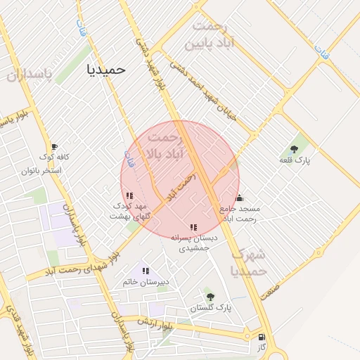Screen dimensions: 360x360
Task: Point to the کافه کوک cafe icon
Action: tap(54, 146)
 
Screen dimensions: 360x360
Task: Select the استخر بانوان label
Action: tap(41, 171)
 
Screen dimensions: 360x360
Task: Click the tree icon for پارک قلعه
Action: tap(294, 149)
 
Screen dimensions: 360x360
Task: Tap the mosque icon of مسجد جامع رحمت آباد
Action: tap(240, 198)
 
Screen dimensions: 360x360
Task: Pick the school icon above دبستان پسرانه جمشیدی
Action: tap(193, 227)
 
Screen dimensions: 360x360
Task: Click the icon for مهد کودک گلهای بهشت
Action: tap(130, 196)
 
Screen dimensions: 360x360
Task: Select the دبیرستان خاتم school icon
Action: tap(146, 270)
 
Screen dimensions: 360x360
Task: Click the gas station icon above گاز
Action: tap(262, 337)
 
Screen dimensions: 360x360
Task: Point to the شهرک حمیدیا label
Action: tap(248, 262)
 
